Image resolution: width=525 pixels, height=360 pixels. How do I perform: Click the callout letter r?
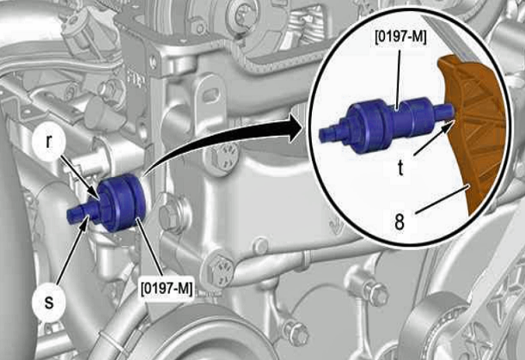pos(49,142)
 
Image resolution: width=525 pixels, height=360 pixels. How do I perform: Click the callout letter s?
pos(49,302)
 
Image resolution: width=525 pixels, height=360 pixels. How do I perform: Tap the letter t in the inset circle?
pos(400,168)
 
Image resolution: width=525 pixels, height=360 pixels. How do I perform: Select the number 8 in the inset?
pos(400,221)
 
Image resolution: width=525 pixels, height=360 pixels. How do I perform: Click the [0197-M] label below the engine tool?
pos(167,289)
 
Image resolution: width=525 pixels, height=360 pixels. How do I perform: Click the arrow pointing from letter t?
pos(434,138)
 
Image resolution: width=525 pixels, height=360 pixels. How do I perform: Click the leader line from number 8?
pos(443,198)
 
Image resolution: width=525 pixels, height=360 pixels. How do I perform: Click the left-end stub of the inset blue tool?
pos(327,133)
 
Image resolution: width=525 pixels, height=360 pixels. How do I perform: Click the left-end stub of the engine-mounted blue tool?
pos(75,214)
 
